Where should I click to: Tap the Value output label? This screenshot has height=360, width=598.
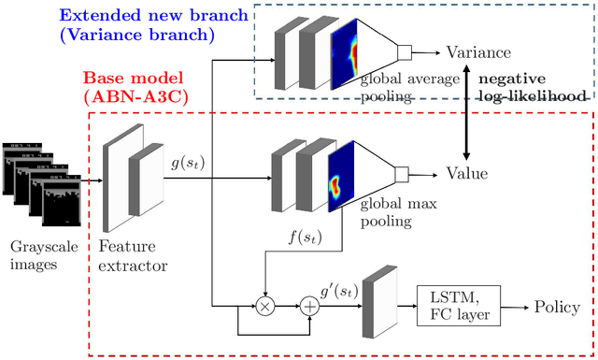(466, 173)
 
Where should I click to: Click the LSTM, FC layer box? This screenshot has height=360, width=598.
(459, 307)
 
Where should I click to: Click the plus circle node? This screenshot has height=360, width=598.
(307, 306)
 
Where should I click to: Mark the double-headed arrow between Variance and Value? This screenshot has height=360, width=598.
(464, 112)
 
